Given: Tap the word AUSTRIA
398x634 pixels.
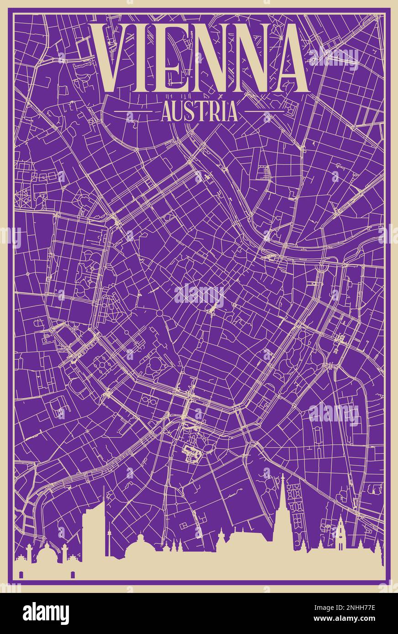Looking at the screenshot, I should (x=199, y=111).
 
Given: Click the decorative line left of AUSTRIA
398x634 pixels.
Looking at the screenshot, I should (x=132, y=111).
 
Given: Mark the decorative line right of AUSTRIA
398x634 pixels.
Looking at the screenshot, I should (x=265, y=111).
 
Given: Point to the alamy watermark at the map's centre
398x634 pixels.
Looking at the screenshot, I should (x=199, y=296).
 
